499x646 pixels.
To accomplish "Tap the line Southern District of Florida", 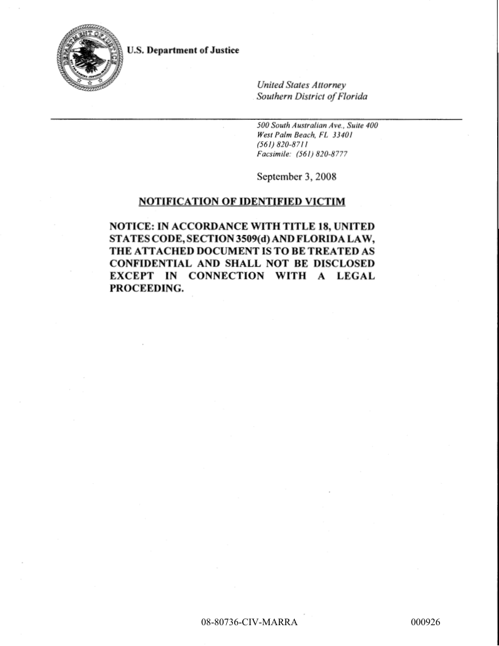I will [312, 96].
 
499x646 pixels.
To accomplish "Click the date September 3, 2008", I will [296, 177].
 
